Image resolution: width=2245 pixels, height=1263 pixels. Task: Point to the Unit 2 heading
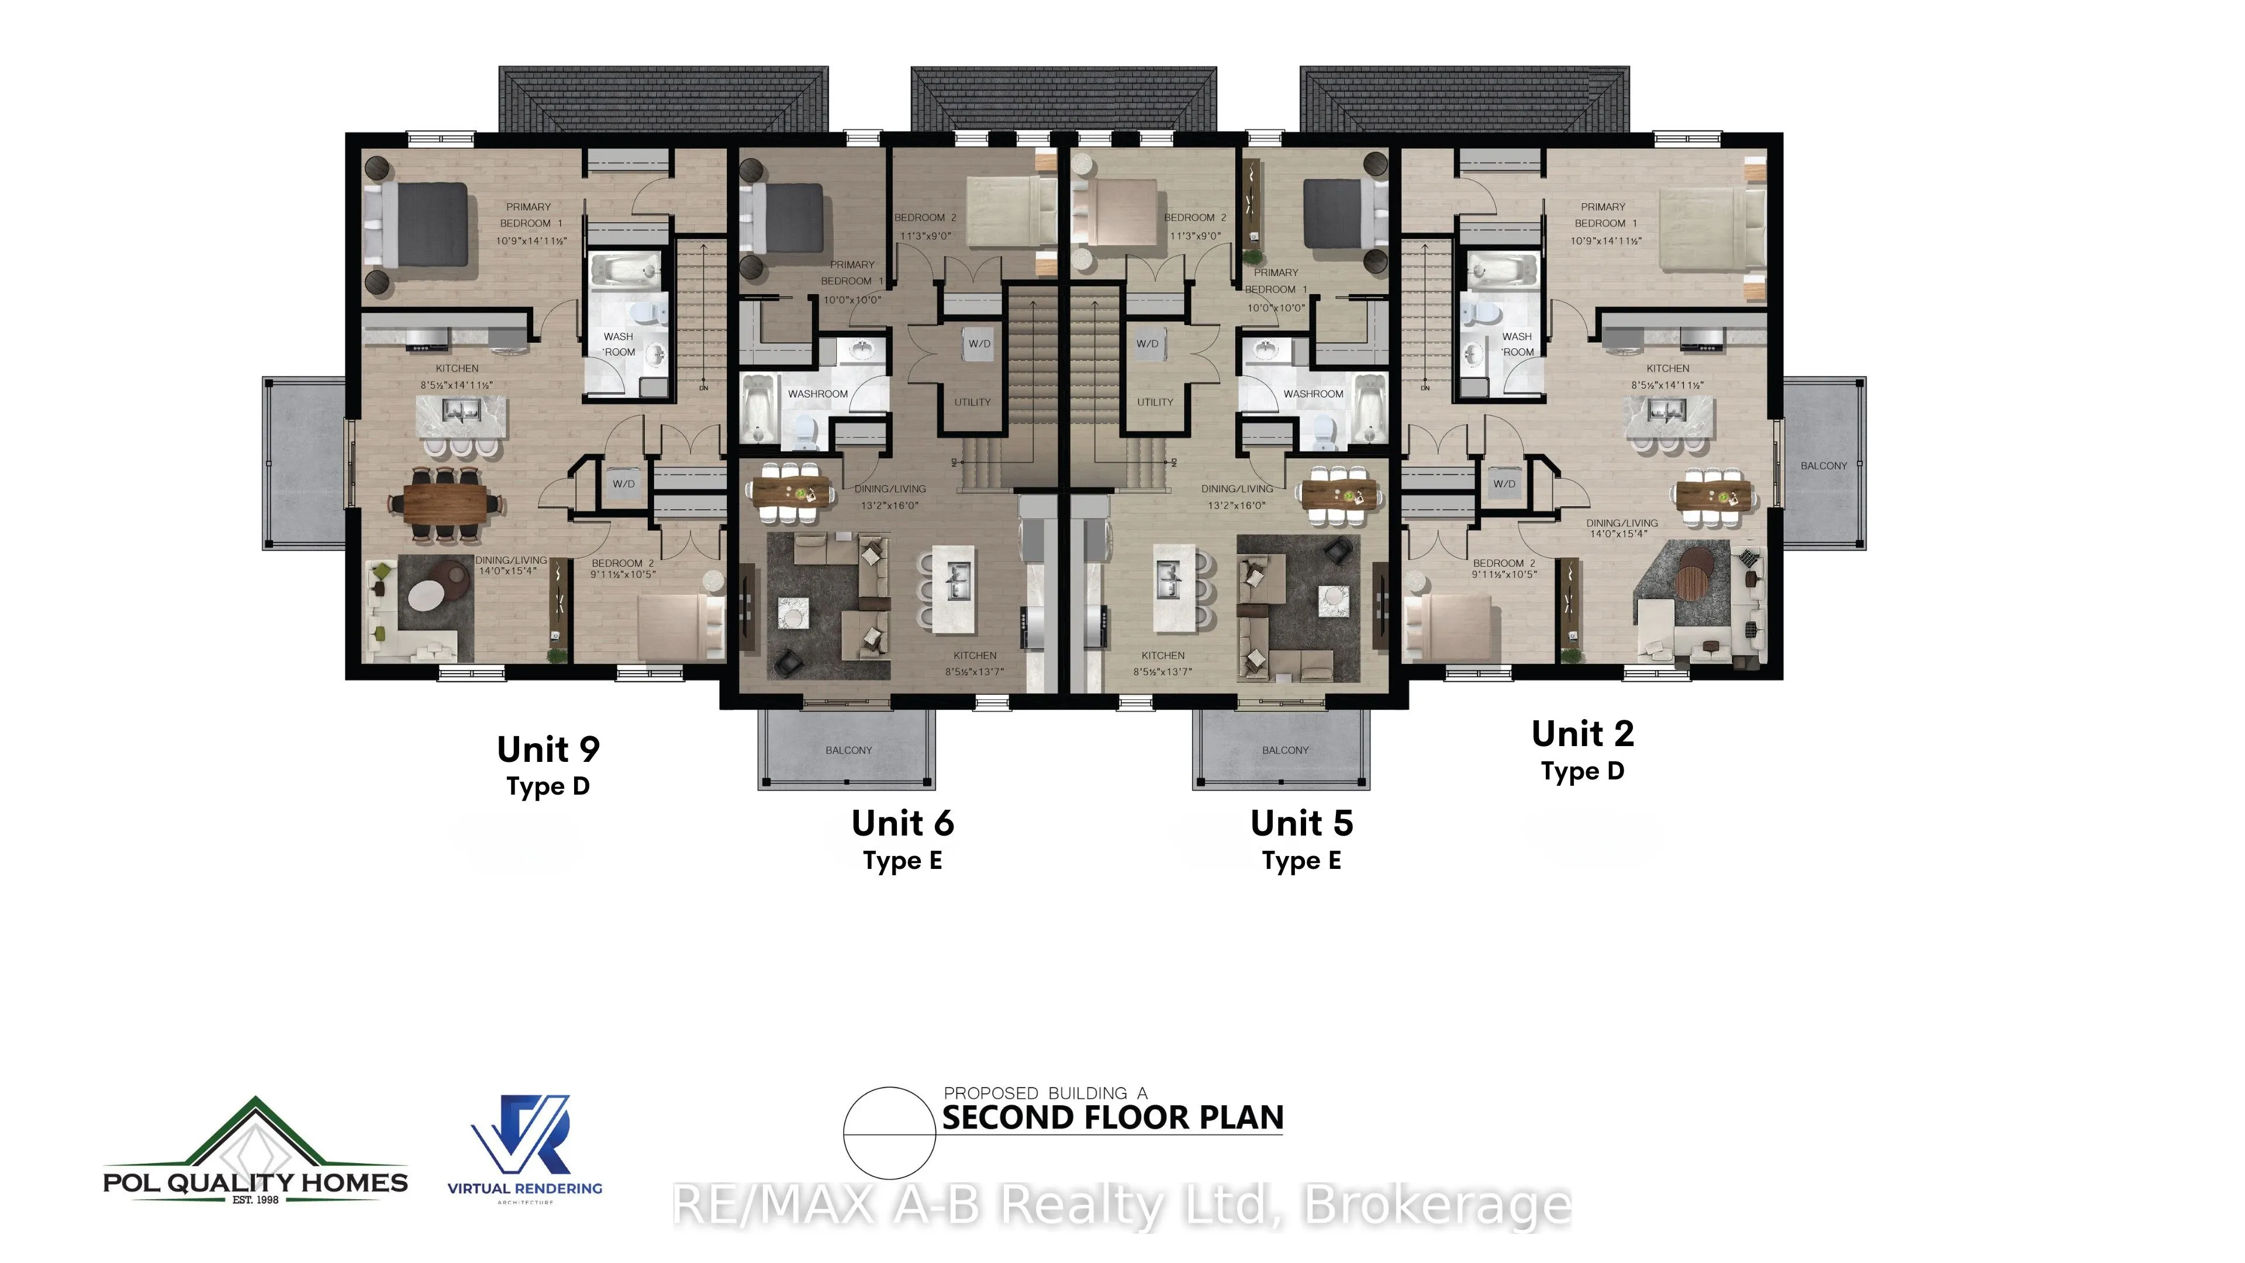tap(1583, 734)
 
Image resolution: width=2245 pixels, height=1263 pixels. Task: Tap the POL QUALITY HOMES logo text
tap(255, 1183)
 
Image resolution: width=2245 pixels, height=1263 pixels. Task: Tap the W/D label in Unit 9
tap(624, 484)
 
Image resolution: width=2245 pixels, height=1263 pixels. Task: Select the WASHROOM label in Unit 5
tap(1313, 394)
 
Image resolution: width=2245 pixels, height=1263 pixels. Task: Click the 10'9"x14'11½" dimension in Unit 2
tap(1607, 240)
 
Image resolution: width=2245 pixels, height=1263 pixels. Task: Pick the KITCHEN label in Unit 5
tap(1163, 655)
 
